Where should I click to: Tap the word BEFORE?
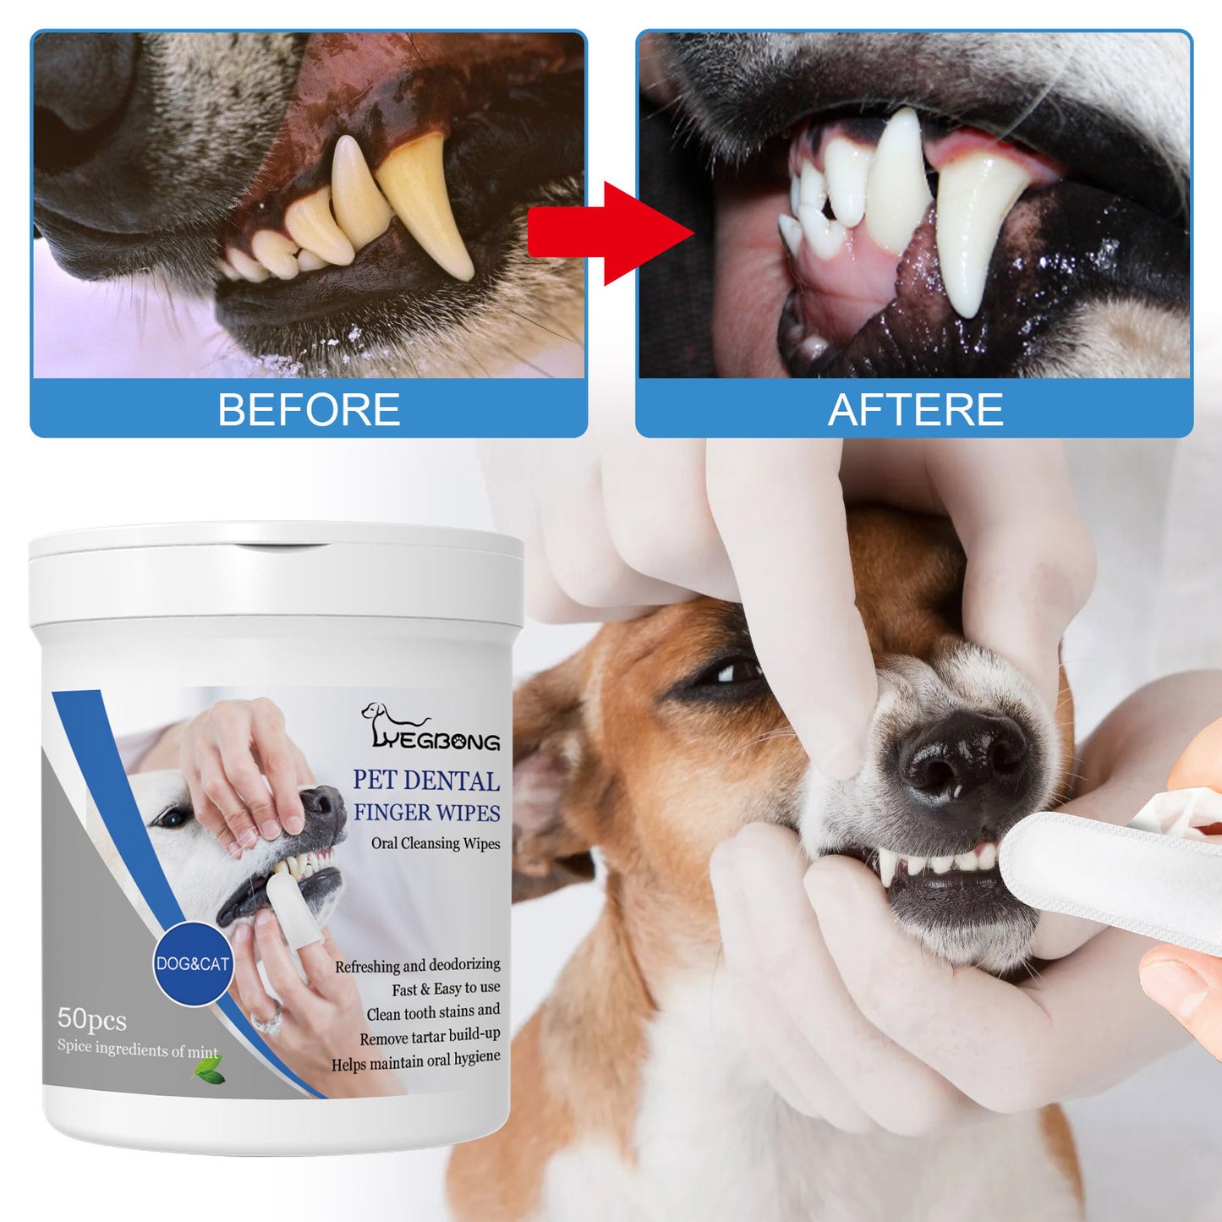tap(309, 410)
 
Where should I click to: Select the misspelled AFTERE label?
tap(915, 410)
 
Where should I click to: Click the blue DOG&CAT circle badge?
tap(193, 963)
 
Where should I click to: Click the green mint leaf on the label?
tap(208, 1071)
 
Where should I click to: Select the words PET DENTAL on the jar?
tap(426, 780)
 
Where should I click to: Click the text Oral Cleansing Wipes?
tap(436, 843)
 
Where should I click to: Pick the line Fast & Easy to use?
tap(446, 989)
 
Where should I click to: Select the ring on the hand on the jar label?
tap(267, 1024)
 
